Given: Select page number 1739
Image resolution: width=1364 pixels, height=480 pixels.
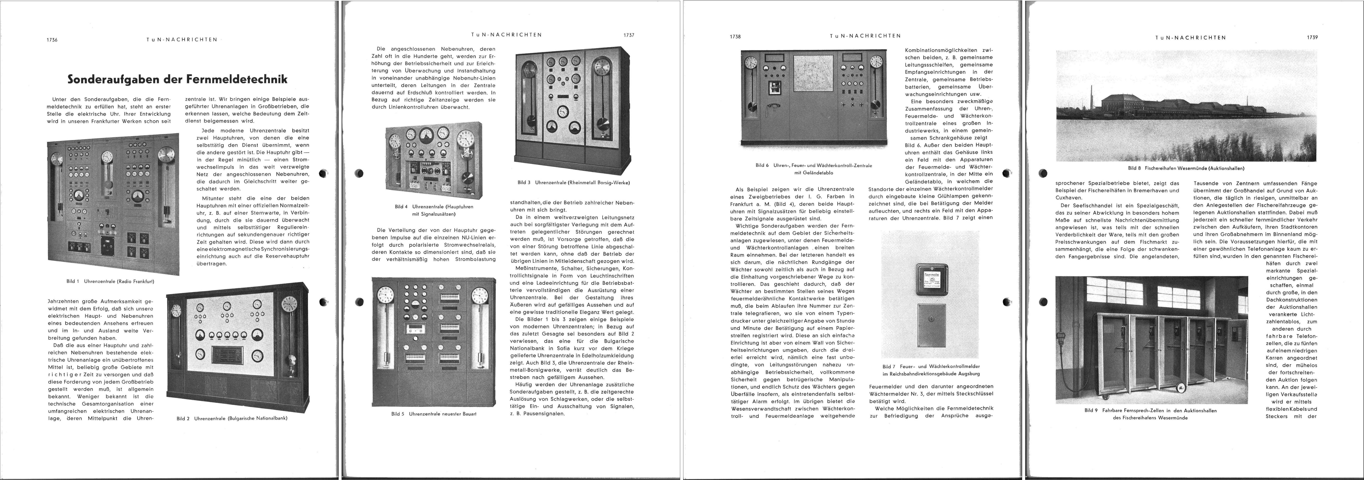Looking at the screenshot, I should pyautogui.click(x=1312, y=38).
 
